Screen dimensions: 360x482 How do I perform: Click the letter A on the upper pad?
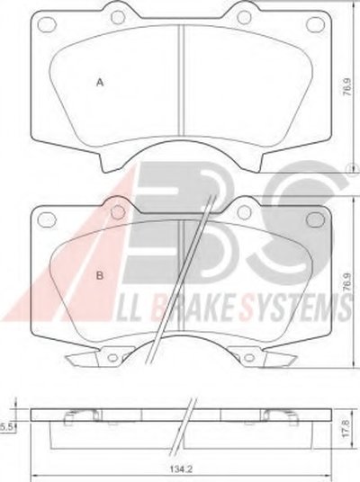100,83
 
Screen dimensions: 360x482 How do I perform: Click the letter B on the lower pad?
100,275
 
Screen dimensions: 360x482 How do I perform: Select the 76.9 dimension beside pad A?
347,88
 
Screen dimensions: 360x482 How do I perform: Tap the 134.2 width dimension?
179,469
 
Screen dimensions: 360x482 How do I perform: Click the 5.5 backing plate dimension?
5,426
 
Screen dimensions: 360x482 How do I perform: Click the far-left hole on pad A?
47,22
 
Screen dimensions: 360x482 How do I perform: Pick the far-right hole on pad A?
315,22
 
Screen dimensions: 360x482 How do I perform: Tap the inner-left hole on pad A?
119,17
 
